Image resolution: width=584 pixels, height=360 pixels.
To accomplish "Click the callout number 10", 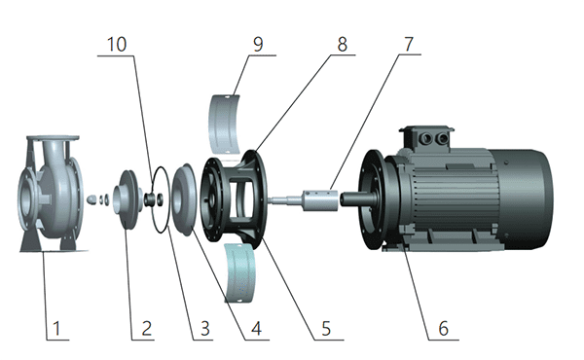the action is coord(117,45).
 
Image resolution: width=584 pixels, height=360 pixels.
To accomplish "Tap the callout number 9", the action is coord(258,45).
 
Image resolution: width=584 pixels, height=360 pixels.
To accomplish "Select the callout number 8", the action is coord(343,45).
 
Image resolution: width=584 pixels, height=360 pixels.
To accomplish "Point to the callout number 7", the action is coord(409,45).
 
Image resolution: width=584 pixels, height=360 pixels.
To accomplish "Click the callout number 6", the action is coord(443,328).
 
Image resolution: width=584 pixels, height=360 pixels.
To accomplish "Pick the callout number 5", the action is coord(326,328).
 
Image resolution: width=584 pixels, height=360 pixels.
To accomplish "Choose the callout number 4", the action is coord(256,328).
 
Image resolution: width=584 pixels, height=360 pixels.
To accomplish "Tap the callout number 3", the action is coord(205,328).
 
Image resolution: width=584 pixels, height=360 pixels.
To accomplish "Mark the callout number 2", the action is coord(146,328).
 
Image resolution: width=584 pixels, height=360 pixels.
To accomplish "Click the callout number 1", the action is coord(56,328).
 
